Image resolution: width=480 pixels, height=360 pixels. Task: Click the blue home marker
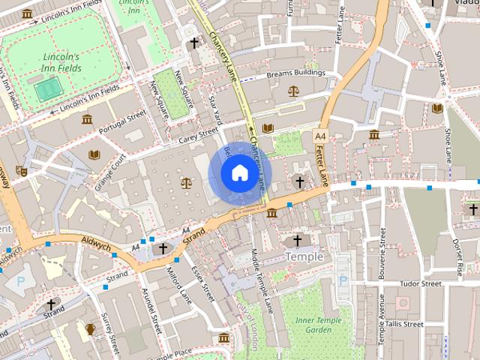click(238, 173)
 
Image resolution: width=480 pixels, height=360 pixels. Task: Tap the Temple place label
click(304, 256)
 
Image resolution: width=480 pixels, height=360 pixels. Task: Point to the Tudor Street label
click(421, 284)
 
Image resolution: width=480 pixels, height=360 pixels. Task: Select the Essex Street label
click(203, 282)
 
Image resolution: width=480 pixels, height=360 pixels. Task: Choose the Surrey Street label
click(113, 333)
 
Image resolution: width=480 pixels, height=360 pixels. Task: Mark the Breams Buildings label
click(295, 74)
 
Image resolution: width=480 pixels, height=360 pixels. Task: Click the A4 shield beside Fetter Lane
click(320, 136)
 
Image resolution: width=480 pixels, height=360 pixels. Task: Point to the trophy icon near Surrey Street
click(91, 328)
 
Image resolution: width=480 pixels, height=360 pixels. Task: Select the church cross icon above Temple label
click(297, 241)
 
